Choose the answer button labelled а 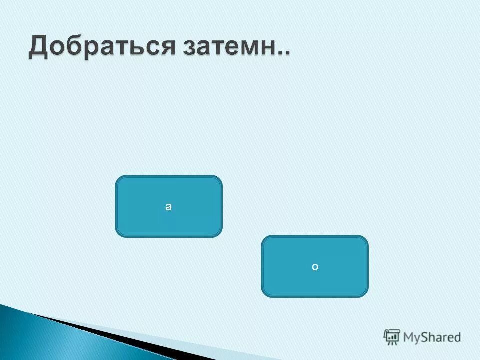click(169, 206)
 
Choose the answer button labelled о click(315, 266)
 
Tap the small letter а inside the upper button click(169, 206)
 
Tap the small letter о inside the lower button click(315, 267)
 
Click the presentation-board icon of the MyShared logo click(392, 337)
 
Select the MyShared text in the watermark click(432, 338)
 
